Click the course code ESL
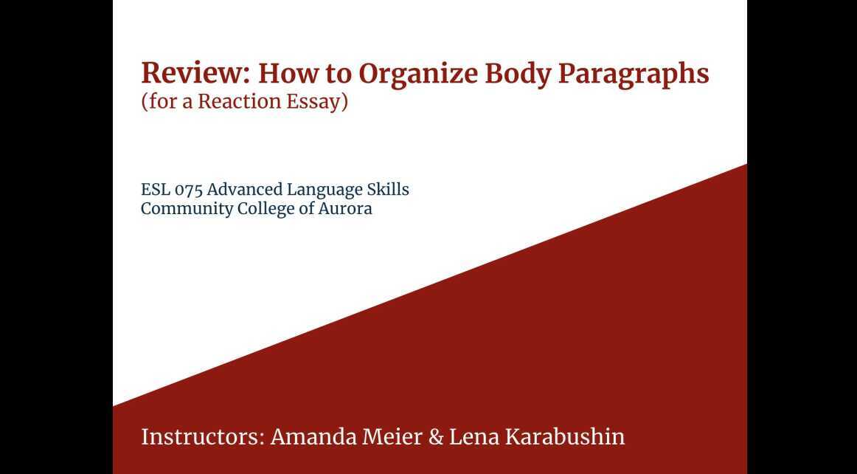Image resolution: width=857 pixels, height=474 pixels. click(x=155, y=190)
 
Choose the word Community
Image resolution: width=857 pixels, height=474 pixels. click(x=187, y=209)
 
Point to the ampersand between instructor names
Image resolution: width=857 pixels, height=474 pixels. click(x=436, y=436)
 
